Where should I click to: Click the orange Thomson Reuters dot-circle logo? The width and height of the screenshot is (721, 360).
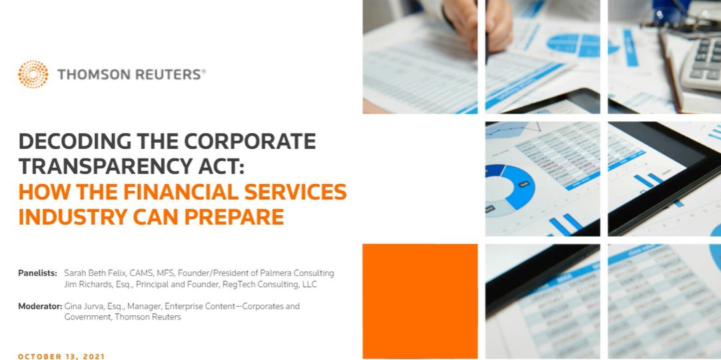(33, 74)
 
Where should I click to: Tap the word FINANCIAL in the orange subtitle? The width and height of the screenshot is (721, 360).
(169, 192)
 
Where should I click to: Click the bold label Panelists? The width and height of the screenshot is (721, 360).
(38, 273)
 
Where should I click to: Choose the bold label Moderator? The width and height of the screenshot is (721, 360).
(40, 306)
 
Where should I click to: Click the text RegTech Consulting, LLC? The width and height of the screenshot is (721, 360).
(270, 285)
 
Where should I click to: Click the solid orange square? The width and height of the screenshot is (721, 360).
(420, 301)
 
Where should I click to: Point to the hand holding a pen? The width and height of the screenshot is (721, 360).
(478, 23)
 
